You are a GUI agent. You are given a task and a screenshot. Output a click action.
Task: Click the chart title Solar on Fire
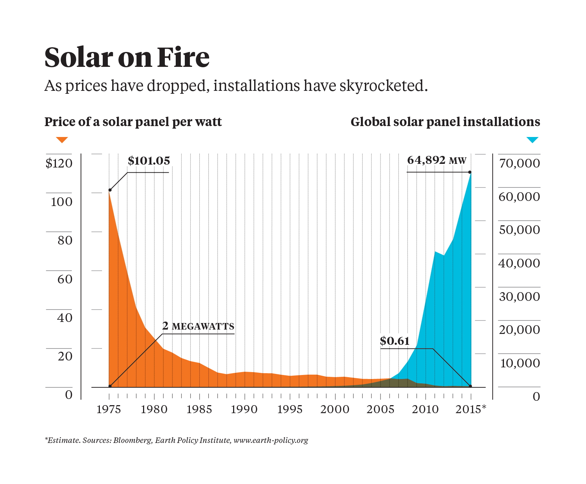pos(127,57)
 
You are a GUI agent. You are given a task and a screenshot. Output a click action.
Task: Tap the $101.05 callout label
pos(149,161)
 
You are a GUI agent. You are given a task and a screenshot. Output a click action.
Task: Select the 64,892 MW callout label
pos(436,160)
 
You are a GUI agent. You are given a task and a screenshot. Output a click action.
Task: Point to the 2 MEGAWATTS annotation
pos(198,326)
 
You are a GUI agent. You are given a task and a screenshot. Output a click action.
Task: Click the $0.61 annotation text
pos(395,341)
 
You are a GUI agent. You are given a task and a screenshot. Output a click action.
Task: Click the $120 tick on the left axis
pos(59,164)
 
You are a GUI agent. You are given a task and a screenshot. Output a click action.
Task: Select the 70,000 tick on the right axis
pos(520,164)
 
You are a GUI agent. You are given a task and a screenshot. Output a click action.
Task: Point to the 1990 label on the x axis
pos(244,410)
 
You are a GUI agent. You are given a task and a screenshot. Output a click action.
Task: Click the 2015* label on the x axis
pos(471,410)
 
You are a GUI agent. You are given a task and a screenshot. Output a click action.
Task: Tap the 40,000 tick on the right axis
pos(520,263)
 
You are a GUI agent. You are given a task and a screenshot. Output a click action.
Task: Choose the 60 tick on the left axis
pos(65,279)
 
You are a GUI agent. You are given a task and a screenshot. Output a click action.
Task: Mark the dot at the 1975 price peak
pos(110,190)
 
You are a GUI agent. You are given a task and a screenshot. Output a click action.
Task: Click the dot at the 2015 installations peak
pos(469,172)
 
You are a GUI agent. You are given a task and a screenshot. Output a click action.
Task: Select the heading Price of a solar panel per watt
pos(133,122)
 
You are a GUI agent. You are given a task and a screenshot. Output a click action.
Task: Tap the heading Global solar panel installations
pos(445,122)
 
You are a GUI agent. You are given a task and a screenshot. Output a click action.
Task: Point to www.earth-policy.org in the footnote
pos(271,440)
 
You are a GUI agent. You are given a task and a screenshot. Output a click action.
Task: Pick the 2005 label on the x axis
pos(380,410)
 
